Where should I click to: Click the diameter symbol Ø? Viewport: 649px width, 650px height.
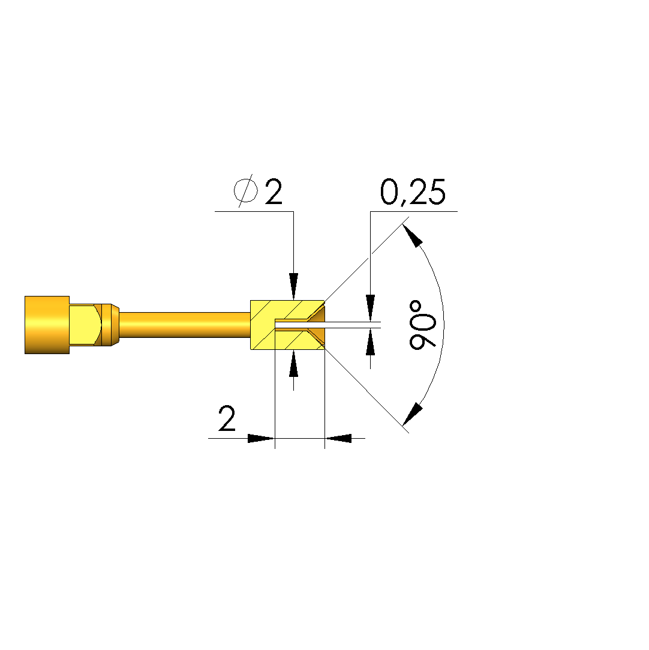tap(245, 191)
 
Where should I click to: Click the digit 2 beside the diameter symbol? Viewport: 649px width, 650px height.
tap(274, 191)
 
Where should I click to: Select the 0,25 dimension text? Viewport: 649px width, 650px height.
tap(413, 192)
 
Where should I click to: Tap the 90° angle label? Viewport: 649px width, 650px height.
tap(422, 325)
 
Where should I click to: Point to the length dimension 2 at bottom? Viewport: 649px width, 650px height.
tap(227, 418)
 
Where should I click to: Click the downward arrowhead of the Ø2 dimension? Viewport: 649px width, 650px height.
tap(294, 286)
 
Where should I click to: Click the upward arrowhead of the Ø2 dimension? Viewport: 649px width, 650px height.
tap(294, 364)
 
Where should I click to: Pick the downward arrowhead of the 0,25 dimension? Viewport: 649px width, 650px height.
tap(370, 308)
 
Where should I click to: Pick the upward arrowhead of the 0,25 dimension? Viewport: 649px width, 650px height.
tap(370, 342)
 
